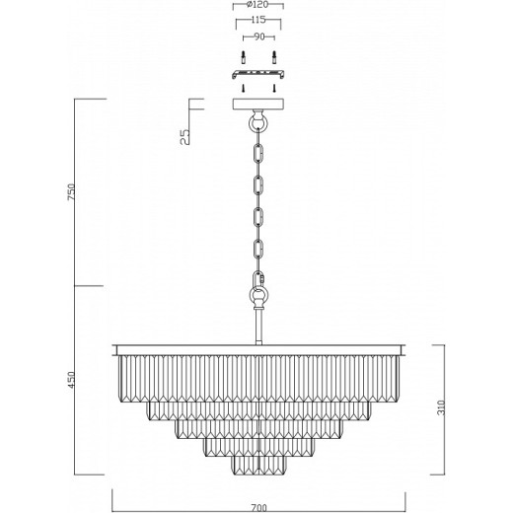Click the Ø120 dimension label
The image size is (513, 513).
[257, 5]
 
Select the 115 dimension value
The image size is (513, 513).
[258, 20]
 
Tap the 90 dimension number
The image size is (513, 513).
[259, 37]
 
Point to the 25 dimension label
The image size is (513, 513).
[185, 137]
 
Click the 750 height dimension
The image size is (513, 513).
[71, 192]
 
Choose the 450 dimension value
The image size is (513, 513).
[71, 380]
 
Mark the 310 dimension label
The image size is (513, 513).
[441, 407]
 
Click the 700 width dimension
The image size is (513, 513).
[258, 507]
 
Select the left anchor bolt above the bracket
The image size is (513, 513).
[243, 58]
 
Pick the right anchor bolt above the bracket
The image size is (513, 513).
[274, 58]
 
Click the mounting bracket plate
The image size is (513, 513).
[258, 74]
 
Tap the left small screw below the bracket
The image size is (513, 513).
[243, 88]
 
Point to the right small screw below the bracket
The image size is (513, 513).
[274, 88]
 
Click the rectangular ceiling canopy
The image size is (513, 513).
[258, 104]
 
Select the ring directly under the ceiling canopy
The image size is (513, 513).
[258, 123]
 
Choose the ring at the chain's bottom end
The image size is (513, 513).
[258, 294]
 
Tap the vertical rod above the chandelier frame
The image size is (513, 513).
[258, 326]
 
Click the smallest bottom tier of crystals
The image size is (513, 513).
[258, 466]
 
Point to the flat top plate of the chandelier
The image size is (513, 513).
[258, 350]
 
